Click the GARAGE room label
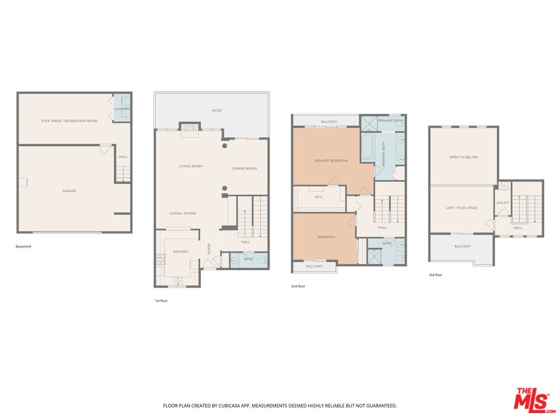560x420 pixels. [x=69, y=191]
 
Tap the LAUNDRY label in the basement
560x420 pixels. [x=122, y=109]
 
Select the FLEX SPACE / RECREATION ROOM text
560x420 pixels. [x=69, y=121]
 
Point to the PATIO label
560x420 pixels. [x=217, y=111]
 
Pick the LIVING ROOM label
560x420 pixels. [x=190, y=166]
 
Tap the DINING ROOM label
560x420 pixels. [x=244, y=169]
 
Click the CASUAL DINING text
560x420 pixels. [x=183, y=213]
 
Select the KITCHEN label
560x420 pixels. [x=181, y=252]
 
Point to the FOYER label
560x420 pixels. [x=209, y=249]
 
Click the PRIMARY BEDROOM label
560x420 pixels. [x=331, y=161]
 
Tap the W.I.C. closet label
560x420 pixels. [x=319, y=197]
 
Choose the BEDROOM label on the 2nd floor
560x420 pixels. [x=326, y=237]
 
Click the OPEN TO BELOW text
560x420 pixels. [x=464, y=157]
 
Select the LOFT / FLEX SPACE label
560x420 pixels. [x=461, y=208]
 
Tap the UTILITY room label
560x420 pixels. [x=502, y=203]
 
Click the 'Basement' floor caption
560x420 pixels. [x=23, y=246]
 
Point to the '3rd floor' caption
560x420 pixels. [x=436, y=275]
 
